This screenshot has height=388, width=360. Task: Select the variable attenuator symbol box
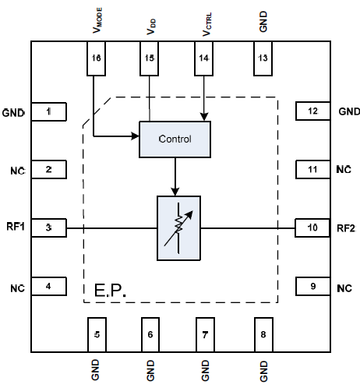pos(178,228)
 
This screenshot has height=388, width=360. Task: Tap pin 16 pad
pos(96,59)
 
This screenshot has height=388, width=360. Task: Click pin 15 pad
pos(150,59)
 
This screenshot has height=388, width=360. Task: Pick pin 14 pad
pos(205,59)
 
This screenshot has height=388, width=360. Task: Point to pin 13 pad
pos(263,59)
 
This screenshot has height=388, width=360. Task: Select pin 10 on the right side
pos(312,228)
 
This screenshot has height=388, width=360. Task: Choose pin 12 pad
pos(312,112)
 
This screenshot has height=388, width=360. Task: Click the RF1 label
pos(15,228)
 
